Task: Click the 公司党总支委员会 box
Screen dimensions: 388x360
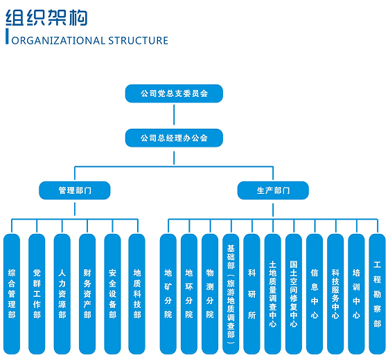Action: pos(174,93)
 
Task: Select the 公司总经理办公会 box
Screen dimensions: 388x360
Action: pos(174,138)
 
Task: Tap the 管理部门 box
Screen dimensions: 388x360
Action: pos(75,190)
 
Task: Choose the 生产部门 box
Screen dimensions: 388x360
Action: pos(273,190)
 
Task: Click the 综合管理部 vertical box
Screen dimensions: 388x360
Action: pos(12,294)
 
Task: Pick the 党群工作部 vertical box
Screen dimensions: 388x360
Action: pos(37,294)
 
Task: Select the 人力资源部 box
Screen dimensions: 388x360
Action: pos(62,294)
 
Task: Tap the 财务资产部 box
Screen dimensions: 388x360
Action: pos(87,294)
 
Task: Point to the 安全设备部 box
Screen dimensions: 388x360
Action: pos(112,294)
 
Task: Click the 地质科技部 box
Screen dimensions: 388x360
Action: pos(137,294)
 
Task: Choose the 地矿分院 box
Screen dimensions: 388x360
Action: pos(168,294)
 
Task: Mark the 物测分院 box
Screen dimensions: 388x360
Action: pos(210,294)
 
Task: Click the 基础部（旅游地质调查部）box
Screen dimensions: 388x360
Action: pos(231,294)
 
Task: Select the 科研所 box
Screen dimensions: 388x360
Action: pos(252,294)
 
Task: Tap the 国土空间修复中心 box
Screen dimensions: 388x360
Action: pos(294,294)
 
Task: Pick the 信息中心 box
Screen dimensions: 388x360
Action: pos(315,294)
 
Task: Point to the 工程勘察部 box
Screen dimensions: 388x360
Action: pos(377,294)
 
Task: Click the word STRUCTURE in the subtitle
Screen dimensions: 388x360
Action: pos(138,41)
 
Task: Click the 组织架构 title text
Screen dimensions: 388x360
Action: pos(46,17)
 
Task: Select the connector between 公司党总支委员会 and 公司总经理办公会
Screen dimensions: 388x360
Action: pos(174,114)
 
